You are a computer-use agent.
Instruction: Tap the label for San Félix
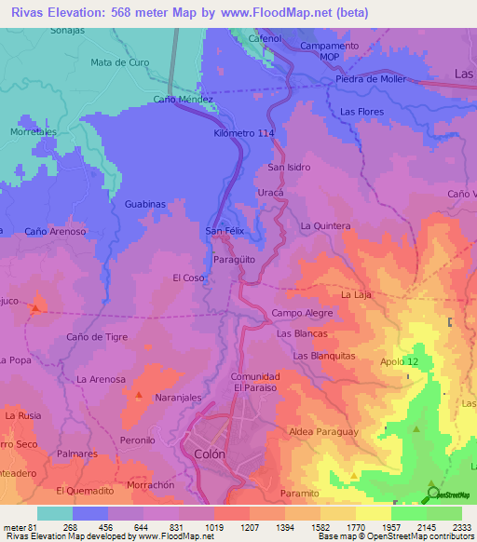(225, 230)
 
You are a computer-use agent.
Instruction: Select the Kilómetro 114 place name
(244, 134)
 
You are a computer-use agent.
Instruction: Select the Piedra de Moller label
(371, 78)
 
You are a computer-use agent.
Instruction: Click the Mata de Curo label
(120, 62)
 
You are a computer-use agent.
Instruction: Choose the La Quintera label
(325, 225)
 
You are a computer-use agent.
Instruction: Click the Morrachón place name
(151, 485)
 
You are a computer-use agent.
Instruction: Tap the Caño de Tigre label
(98, 336)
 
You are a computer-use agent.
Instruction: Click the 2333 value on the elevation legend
(461, 526)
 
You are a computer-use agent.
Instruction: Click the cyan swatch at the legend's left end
(55, 513)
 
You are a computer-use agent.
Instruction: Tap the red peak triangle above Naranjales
(139, 396)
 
